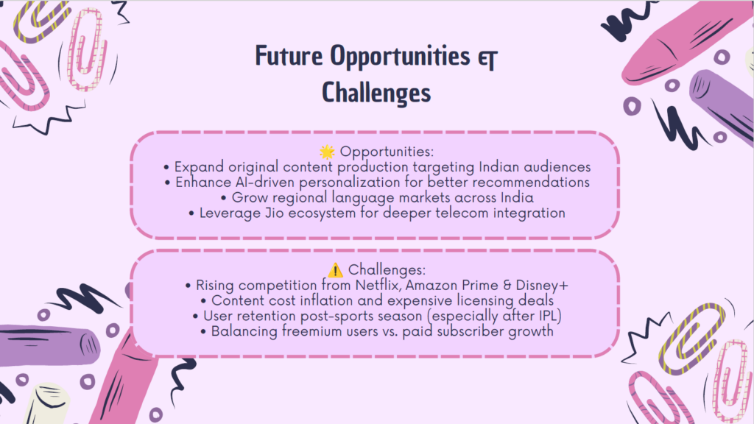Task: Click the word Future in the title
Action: click(289, 56)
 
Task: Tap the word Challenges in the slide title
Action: click(376, 93)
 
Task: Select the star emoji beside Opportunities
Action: click(327, 152)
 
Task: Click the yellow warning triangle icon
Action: click(335, 270)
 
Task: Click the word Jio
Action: click(275, 213)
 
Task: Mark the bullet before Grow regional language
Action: click(224, 198)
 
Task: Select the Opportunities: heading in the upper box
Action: click(387, 152)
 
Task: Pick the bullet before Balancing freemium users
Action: click(203, 332)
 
